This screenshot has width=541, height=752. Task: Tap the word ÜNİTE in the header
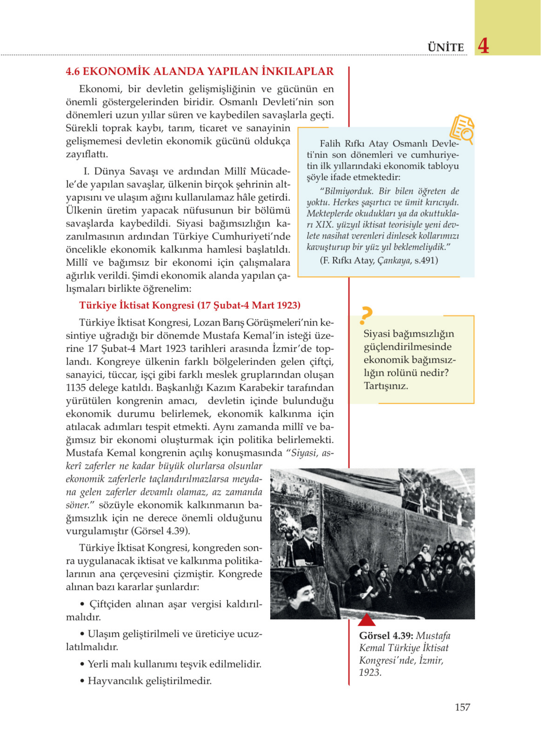[446, 47]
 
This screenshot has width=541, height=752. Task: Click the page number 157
[462, 707]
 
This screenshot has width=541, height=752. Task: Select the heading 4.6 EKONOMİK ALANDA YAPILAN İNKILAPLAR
[200, 71]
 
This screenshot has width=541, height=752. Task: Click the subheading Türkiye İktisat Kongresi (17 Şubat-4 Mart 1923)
[189, 305]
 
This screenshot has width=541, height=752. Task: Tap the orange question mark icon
[366, 316]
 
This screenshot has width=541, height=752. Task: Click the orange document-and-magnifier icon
[462, 129]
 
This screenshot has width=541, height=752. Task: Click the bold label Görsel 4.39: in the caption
[386, 636]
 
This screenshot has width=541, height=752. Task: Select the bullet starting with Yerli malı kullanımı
[171, 664]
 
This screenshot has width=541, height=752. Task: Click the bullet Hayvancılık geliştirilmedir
[146, 681]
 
